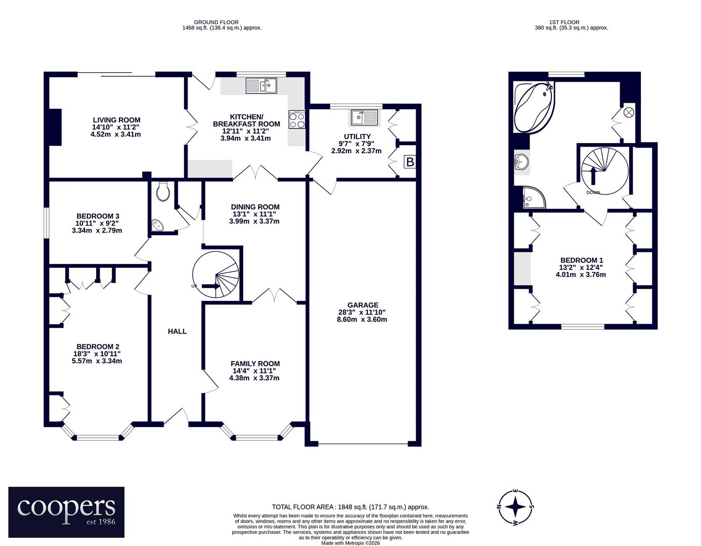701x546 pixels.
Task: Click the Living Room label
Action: [x=116, y=120]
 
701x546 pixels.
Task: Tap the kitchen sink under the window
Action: [x=261, y=86]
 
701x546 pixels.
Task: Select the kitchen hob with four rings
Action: [x=297, y=120]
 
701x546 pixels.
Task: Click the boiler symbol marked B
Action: [x=410, y=162]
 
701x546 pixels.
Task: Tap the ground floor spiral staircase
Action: [x=216, y=275]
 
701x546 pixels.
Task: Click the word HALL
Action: [x=177, y=331]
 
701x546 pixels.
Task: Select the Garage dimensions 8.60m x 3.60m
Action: [x=362, y=320]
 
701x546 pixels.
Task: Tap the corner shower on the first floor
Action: [x=534, y=197]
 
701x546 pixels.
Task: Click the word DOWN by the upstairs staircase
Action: [x=593, y=193]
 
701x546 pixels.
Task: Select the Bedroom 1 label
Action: [x=582, y=260]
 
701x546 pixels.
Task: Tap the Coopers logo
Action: [x=66, y=512]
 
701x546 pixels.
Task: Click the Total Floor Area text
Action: [x=350, y=507]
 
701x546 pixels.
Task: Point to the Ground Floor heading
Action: [x=216, y=22]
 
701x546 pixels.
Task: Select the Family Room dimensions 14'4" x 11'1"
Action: [x=254, y=371]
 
